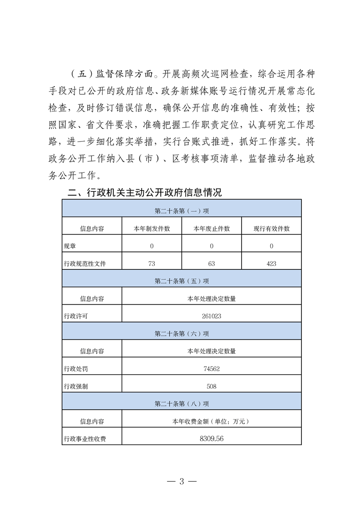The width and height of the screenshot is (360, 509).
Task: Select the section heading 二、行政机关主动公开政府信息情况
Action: (144, 192)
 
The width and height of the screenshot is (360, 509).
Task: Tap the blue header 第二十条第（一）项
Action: (181, 211)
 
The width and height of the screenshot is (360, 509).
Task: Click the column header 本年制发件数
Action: (152, 229)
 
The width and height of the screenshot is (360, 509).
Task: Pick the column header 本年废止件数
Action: (211, 229)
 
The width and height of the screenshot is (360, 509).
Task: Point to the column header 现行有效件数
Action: (271, 229)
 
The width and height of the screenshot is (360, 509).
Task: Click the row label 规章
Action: (70, 246)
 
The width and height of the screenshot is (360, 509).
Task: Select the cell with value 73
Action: (152, 263)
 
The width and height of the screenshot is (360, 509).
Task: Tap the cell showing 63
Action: (211, 263)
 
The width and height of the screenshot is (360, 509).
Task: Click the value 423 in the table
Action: (271, 263)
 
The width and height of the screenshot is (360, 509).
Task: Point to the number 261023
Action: (211, 316)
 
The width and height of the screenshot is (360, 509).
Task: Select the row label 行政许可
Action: (76, 316)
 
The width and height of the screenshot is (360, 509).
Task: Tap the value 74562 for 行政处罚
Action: (211, 369)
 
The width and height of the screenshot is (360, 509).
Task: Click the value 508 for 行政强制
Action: (211, 387)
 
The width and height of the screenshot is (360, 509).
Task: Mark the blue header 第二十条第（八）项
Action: (181, 404)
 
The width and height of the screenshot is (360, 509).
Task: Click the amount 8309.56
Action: (211, 439)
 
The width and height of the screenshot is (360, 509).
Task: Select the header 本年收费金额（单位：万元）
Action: (211, 421)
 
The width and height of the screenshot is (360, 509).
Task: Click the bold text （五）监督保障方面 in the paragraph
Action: (113, 74)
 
